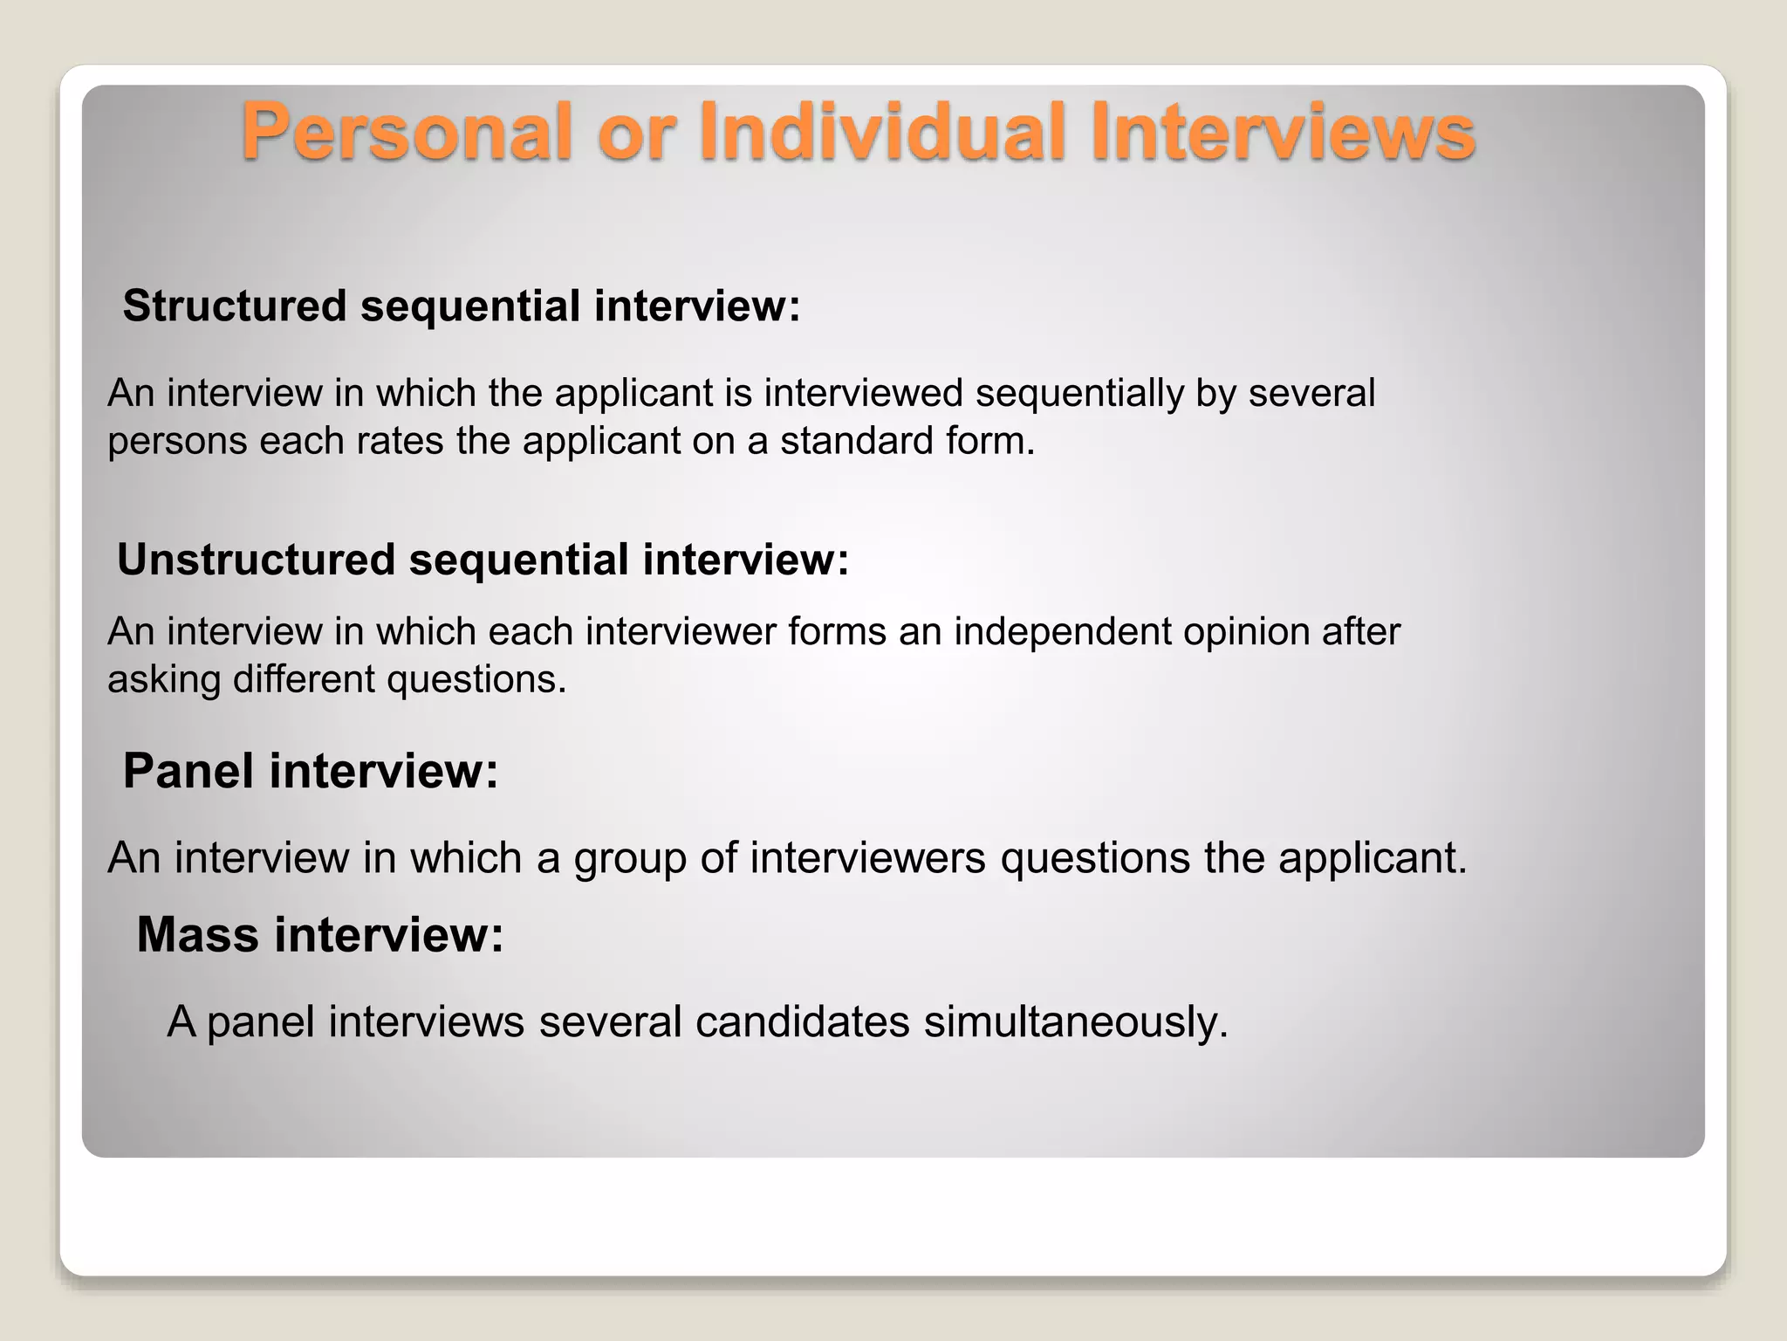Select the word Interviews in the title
coord(1283,133)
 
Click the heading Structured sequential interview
coord(461,306)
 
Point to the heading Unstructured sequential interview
coord(483,560)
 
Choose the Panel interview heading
coord(310,772)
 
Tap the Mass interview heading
coord(320,935)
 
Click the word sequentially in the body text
coord(1078,394)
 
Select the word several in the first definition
coord(1311,394)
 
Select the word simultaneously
coord(1075,1022)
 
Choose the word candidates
coord(802,1022)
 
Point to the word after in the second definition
coord(1360,632)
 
